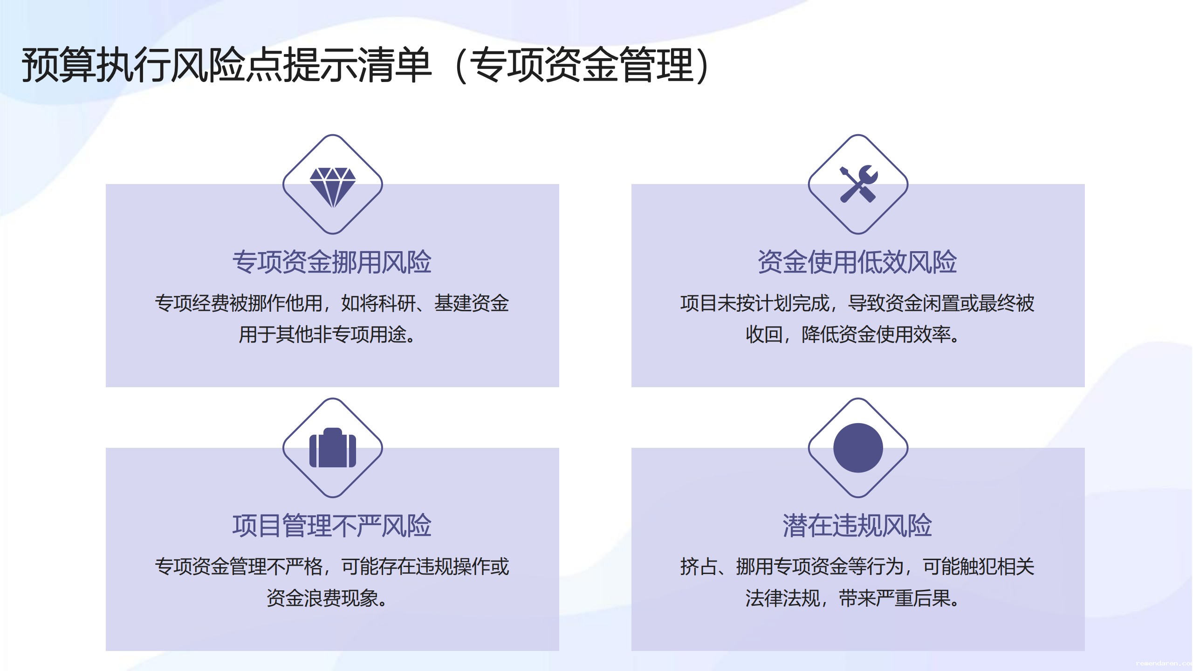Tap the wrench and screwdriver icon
coord(858,184)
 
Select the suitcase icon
coord(332,448)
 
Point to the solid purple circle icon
coord(858,448)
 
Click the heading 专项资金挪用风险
coord(332,262)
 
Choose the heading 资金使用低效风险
coord(857,262)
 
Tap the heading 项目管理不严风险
coord(332,526)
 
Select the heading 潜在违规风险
coord(857,526)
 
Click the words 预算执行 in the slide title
coord(96,65)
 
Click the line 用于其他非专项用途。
coord(327,335)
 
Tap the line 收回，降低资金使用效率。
coord(853,335)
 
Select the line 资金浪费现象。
coord(327,598)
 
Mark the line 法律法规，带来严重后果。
coord(853,598)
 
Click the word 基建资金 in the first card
coord(472,303)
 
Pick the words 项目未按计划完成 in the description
coord(755,303)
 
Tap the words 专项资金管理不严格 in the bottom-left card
coord(239,567)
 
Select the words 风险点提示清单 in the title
coord(301,65)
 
